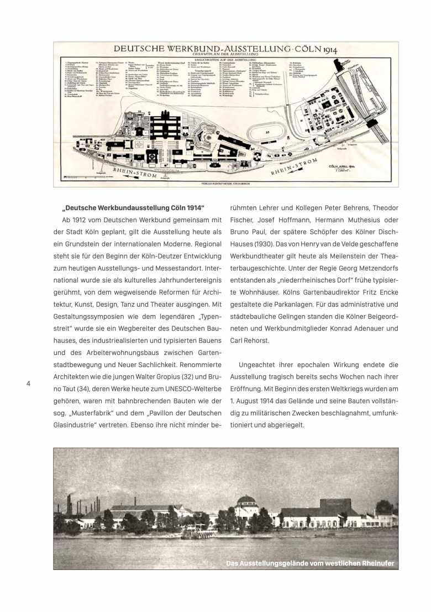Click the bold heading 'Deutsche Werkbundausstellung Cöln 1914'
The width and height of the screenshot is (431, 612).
[134, 208]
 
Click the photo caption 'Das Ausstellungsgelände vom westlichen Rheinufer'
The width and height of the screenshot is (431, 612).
[310, 563]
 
